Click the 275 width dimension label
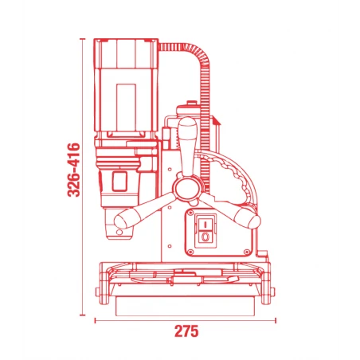click(186, 331)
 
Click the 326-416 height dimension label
click(74, 170)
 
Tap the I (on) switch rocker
click(205, 225)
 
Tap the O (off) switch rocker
click(205, 237)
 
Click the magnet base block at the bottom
click(186, 306)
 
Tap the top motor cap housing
click(126, 53)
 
